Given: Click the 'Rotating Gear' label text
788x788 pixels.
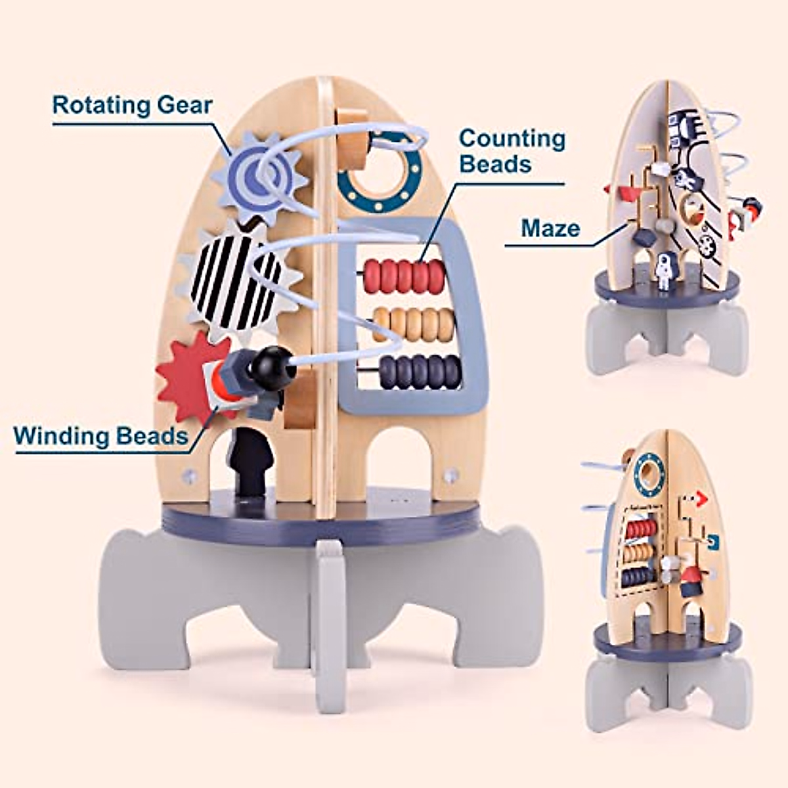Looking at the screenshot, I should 132,106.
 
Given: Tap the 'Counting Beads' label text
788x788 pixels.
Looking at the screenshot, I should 512,150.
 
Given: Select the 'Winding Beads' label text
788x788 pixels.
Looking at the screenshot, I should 100,435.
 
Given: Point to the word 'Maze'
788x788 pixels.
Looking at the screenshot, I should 550,229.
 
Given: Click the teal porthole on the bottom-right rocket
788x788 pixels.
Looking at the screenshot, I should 648,472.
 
